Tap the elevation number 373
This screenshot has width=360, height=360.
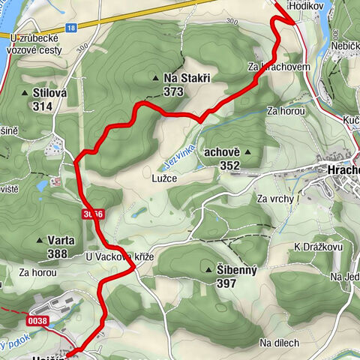point(173,91)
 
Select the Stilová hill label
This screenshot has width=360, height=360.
point(49,92)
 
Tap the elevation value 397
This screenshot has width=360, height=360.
point(226,283)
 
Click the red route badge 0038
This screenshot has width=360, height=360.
point(39,320)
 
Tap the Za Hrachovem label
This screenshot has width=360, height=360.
point(279,67)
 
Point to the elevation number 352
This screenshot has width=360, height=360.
point(229,165)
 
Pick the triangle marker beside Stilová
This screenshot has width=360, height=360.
point(23,93)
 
